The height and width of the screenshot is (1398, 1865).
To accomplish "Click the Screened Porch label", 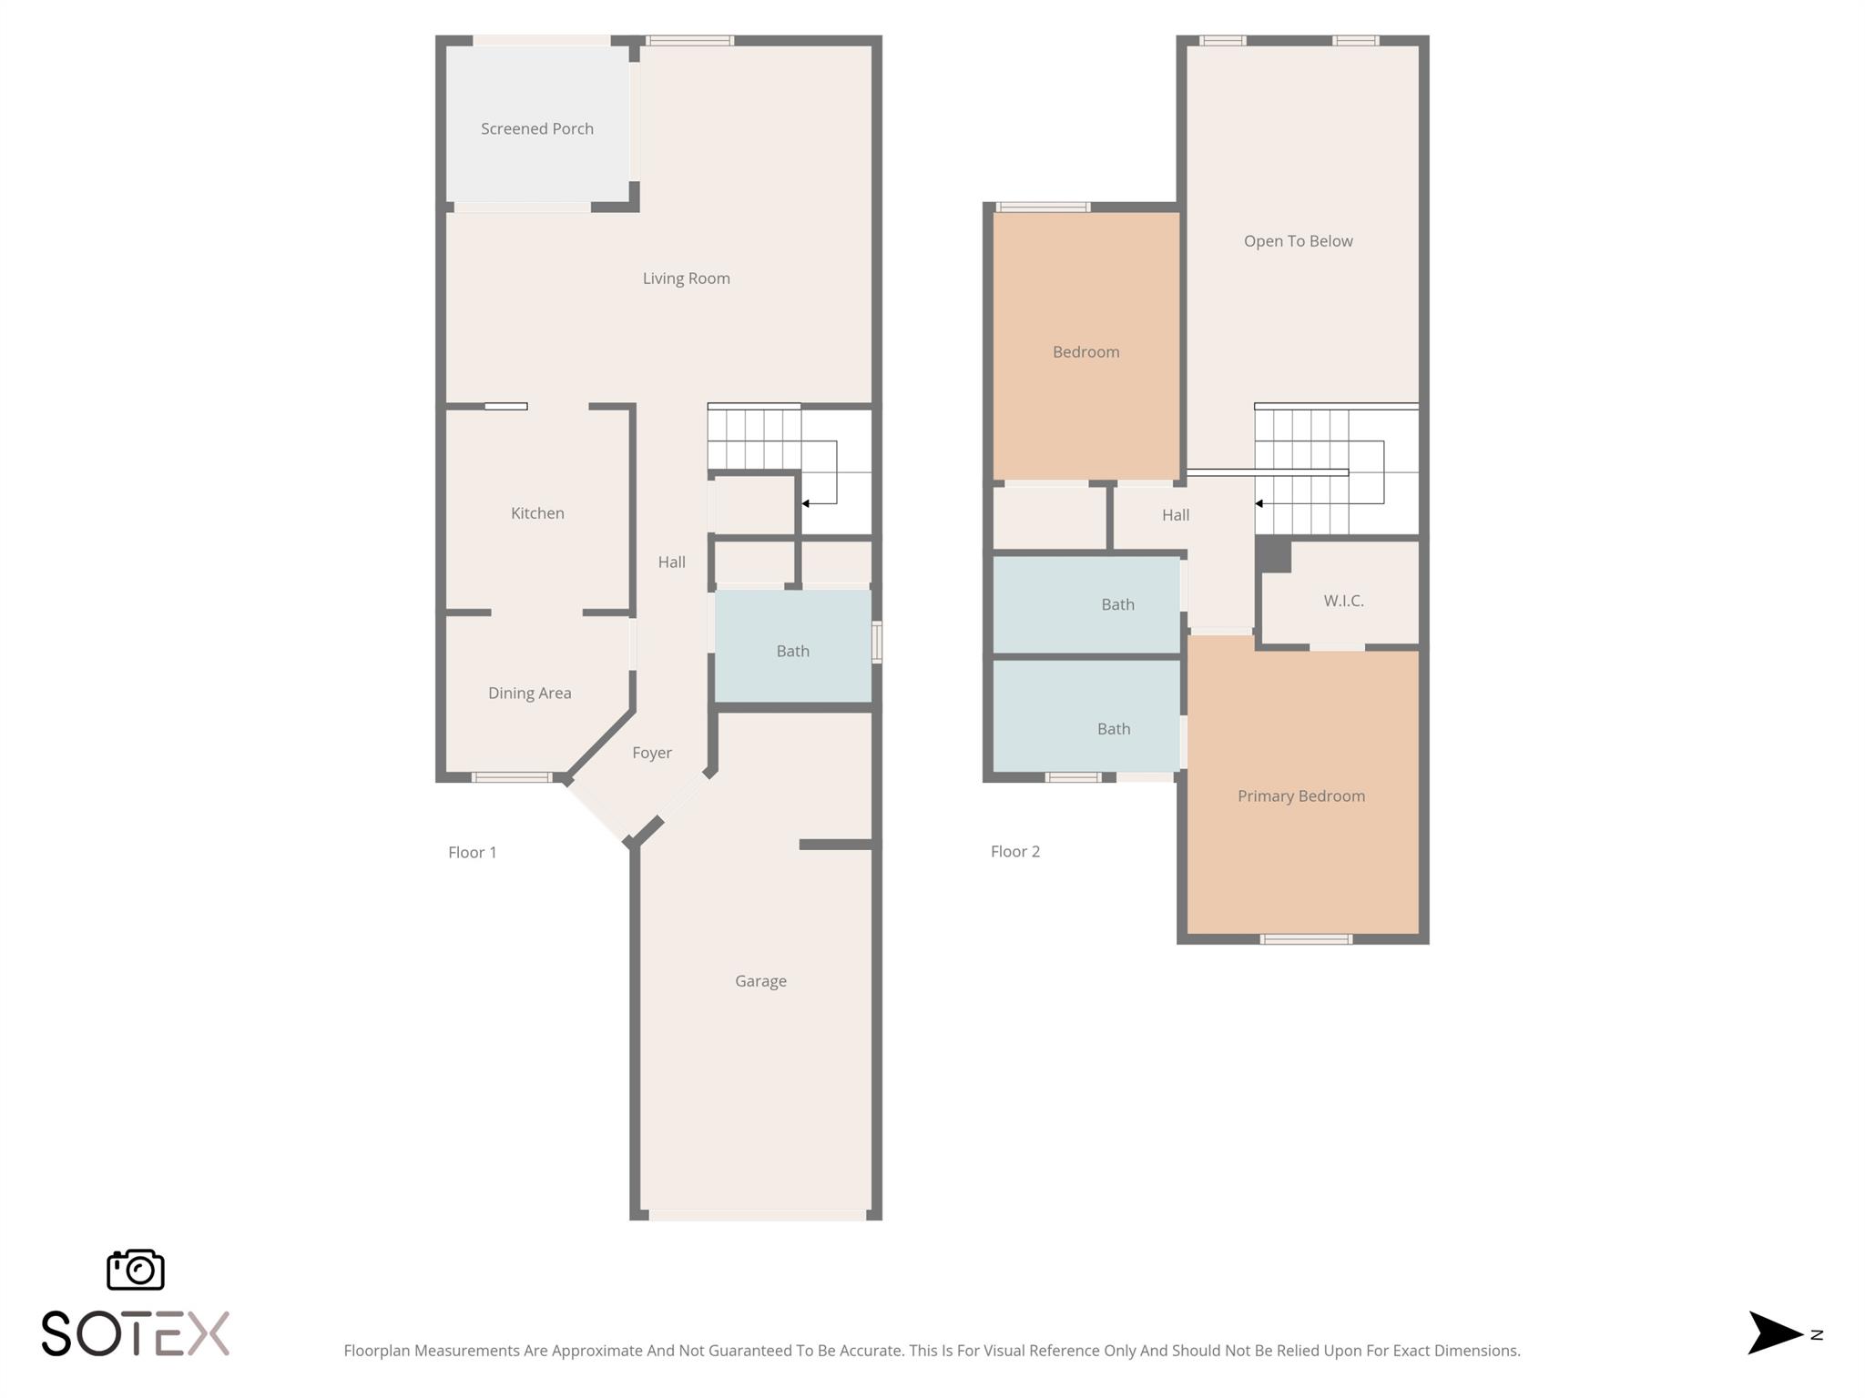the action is [537, 129].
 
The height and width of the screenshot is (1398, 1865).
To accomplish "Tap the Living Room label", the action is [687, 279].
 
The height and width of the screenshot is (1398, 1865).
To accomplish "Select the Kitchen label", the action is [537, 513].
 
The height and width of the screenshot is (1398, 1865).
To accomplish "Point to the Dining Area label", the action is [530, 694].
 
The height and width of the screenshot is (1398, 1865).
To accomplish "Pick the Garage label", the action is [761, 981].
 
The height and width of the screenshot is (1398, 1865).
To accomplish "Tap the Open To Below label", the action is [1299, 241].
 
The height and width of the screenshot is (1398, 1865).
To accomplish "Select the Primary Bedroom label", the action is [1301, 796].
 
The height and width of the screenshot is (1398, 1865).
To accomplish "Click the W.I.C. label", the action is [1344, 601].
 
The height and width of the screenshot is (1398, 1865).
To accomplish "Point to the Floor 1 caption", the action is [473, 853].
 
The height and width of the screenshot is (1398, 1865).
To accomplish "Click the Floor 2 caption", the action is [1015, 852].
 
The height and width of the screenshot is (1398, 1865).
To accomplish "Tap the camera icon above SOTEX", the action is [136, 1270].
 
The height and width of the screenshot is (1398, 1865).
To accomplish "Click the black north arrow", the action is [1775, 1333].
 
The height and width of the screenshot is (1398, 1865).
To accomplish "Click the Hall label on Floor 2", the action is [1176, 515].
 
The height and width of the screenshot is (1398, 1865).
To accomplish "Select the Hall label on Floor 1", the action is [672, 562].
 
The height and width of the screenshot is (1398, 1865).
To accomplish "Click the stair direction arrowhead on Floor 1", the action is [806, 503].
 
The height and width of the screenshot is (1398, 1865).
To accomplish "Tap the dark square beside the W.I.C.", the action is [1274, 554].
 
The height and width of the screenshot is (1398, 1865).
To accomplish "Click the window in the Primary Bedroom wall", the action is [1306, 939].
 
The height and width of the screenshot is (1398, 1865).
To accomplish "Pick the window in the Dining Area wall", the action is [512, 777].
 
